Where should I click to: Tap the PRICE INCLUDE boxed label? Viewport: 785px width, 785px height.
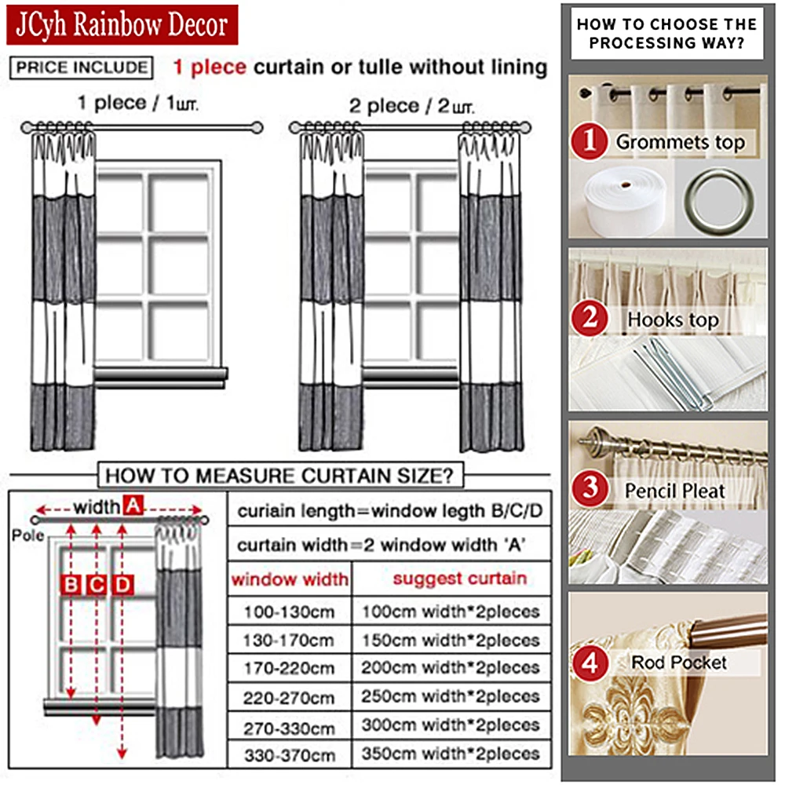[x=81, y=67]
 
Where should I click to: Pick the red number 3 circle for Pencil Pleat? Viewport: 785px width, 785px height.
[x=590, y=491]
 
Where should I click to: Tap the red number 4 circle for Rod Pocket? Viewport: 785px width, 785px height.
[x=590, y=663]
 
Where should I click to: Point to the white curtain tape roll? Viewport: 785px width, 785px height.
[x=624, y=202]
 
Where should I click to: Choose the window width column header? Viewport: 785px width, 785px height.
[x=290, y=580]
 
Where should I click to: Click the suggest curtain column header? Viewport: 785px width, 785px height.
[x=459, y=579]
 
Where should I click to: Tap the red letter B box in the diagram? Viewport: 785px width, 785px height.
[x=71, y=585]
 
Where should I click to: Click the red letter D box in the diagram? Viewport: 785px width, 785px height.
[x=122, y=585]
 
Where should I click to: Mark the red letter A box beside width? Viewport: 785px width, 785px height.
[x=133, y=507]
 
